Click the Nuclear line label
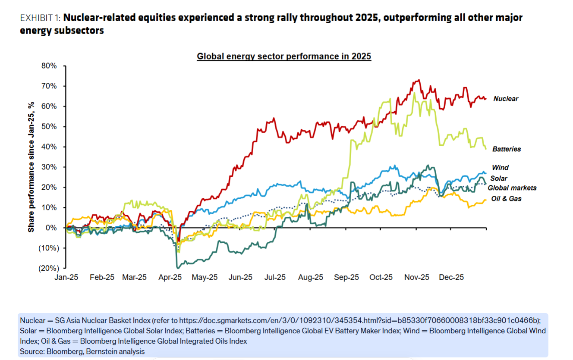coord(506,99)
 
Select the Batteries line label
coord(507,149)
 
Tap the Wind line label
coord(500,168)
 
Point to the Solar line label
coord(499,178)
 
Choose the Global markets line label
coord(512,188)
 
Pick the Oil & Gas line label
coord(507,199)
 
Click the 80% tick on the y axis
coord(49,66)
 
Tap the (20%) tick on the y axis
coord(47,268)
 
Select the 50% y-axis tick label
coord(49,127)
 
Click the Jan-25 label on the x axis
coord(66,278)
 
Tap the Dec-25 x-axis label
coord(452,278)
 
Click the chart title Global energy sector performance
coord(284,56)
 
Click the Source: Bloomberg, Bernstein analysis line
coord(82,351)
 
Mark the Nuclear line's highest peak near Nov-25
coord(418,80)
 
